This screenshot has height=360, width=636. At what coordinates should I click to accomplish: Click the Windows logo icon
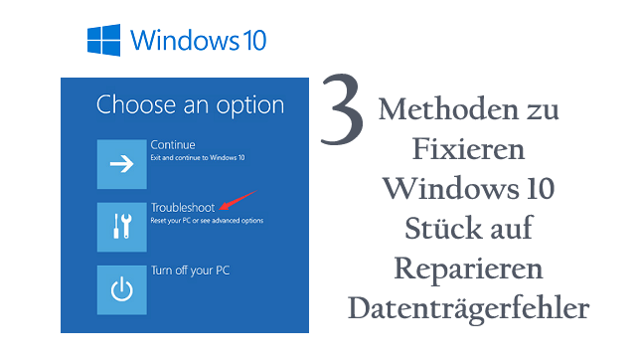click(103, 40)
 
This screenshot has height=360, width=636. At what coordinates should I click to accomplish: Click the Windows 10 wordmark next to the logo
click(198, 40)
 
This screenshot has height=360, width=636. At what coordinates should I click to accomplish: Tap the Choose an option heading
click(190, 105)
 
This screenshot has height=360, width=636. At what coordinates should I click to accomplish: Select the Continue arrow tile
click(121, 164)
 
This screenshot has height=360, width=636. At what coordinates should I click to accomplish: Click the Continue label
click(173, 144)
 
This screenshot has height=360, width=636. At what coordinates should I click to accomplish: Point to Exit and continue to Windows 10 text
click(198, 157)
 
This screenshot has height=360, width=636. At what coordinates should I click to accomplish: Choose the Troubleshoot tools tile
click(121, 227)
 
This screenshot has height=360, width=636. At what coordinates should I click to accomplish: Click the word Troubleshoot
click(183, 208)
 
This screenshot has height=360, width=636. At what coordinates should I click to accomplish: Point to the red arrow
click(238, 200)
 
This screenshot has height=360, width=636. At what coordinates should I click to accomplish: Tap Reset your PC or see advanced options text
click(207, 221)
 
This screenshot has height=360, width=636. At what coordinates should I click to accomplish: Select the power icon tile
click(121, 289)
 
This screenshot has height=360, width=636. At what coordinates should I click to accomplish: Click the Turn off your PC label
click(190, 270)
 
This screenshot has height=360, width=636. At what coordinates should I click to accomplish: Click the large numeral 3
click(342, 108)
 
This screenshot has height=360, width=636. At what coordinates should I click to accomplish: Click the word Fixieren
click(468, 149)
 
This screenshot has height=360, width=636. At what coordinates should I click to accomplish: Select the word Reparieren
click(468, 270)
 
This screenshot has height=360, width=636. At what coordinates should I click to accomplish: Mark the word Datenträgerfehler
click(468, 308)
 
